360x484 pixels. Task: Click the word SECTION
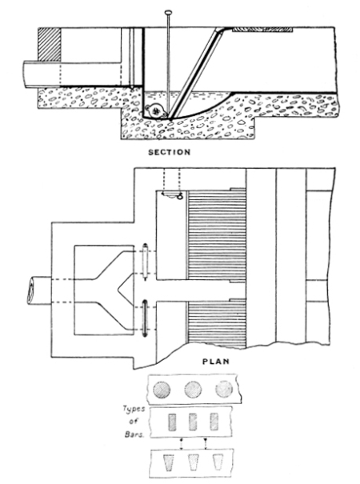coord(169,152)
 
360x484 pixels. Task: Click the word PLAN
coord(216,361)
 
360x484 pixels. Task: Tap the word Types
coord(134,410)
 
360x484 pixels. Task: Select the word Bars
coord(134,434)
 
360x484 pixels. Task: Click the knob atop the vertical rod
coord(168,12)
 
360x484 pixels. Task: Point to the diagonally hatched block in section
coord(49,44)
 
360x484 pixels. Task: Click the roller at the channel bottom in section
coord(156,110)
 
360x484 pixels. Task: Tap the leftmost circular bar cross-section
coord(162,390)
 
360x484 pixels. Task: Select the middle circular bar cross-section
coord(193,390)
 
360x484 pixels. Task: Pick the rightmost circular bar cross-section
coord(224,389)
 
